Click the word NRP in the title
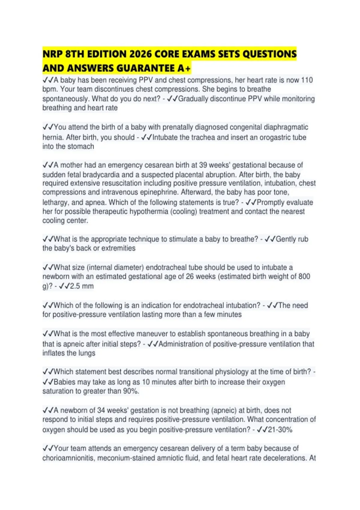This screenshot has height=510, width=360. (52, 54)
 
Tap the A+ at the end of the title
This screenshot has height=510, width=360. (184, 68)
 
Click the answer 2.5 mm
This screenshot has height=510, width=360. (82, 286)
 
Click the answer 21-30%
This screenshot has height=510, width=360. (280, 430)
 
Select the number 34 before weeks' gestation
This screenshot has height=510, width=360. (101, 410)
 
